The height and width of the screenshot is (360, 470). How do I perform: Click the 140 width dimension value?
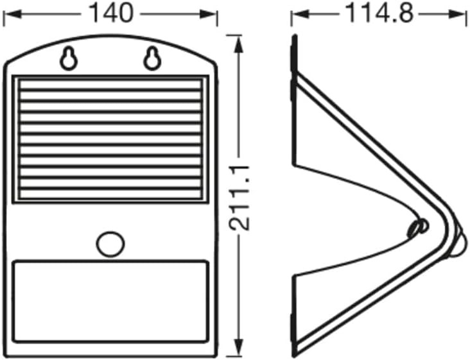click(x=110, y=13)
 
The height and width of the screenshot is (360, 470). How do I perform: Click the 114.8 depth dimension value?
click(x=379, y=13)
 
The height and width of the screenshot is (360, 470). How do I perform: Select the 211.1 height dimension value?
click(x=239, y=198)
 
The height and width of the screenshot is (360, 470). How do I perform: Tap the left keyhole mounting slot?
click(x=69, y=58)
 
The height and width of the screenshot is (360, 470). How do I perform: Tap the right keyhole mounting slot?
click(x=152, y=58)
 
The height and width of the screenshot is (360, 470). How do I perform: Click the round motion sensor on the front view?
click(x=110, y=244)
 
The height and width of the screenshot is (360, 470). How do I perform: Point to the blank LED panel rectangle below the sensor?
click(x=110, y=302)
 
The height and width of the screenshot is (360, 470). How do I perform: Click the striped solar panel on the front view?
click(x=110, y=139)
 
